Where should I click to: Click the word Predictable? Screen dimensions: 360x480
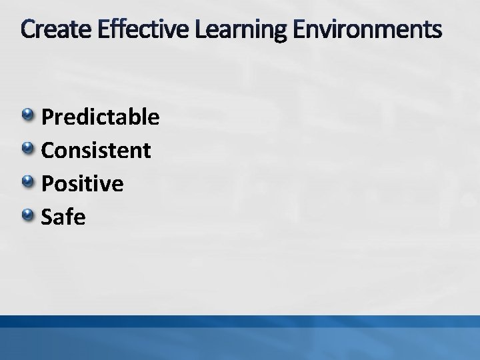pyautogui.click(x=100, y=117)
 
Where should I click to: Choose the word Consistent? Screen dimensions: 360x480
pyautogui.click(x=95, y=150)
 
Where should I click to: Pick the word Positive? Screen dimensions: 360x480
pyautogui.click(x=82, y=183)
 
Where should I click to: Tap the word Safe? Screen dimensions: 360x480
pyautogui.click(x=63, y=215)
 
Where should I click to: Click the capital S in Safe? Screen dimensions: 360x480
pyautogui.click(x=47, y=216)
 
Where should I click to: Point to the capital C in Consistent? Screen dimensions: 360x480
pyautogui.click(x=48, y=150)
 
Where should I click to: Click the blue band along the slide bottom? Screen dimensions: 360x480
pyautogui.click(x=240, y=337)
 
